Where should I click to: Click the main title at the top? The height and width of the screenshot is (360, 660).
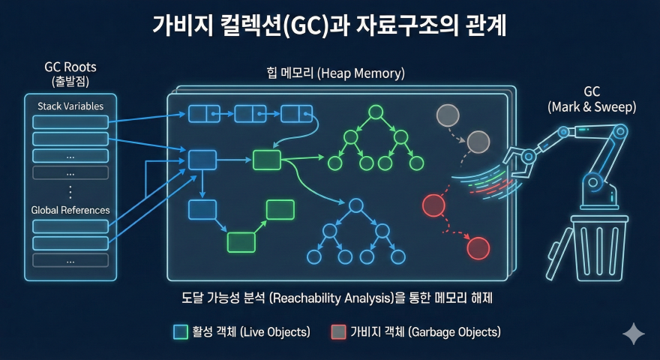(x=330, y=27)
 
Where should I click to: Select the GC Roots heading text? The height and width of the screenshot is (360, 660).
(x=70, y=73)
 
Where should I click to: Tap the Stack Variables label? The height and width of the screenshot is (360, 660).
(x=70, y=106)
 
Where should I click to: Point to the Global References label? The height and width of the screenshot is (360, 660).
(x=70, y=210)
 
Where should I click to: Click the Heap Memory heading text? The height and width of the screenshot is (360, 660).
(x=335, y=73)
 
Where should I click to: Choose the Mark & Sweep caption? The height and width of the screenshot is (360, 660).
(x=592, y=100)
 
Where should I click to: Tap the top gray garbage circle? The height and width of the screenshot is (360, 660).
(x=448, y=115)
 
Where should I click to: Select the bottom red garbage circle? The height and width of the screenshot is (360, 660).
(x=478, y=247)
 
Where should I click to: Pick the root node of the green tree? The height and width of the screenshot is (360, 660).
(x=376, y=113)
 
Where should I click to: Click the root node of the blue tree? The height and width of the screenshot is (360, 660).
(x=355, y=205)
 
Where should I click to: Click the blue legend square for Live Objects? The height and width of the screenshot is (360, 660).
(x=181, y=331)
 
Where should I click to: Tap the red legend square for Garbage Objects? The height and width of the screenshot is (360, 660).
(x=338, y=331)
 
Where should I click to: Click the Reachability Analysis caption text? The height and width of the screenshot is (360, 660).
(x=331, y=298)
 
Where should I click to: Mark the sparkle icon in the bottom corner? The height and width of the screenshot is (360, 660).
(x=634, y=334)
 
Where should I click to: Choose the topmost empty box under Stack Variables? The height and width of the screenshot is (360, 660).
(x=70, y=122)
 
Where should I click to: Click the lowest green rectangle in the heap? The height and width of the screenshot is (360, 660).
(x=241, y=241)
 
